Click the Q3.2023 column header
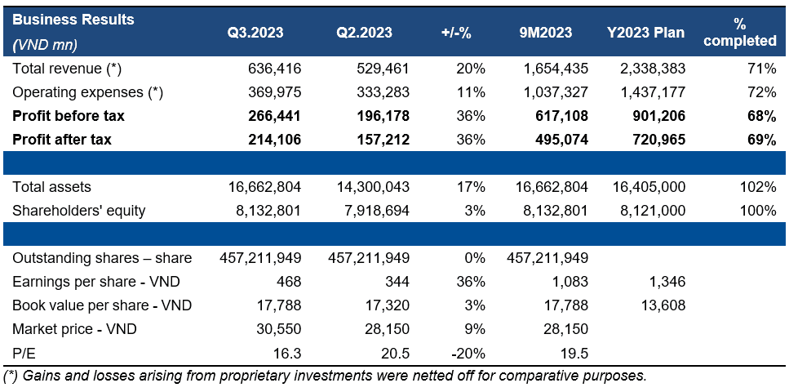point(255,33)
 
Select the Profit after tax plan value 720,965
point(658,140)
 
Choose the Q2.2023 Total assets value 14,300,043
point(369,187)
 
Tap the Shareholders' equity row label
point(79,211)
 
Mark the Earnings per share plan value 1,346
point(668,282)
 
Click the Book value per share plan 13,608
point(664,305)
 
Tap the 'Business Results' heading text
point(73,19)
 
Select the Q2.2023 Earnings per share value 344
point(397,282)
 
